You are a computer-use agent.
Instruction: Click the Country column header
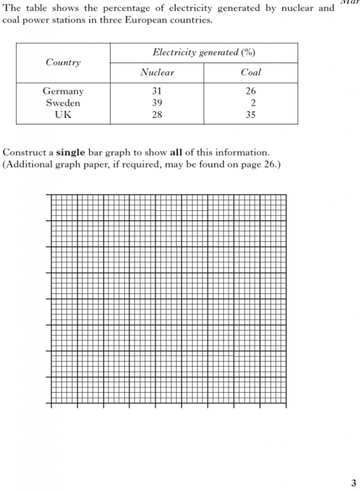tap(63, 63)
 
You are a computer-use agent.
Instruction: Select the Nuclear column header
tap(157, 73)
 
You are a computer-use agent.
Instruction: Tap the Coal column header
tap(251, 73)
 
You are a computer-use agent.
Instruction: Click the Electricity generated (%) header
tap(203, 53)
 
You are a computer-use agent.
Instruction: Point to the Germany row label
tap(63, 91)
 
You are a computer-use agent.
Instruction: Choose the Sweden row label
tap(63, 103)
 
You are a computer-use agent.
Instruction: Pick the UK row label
tap(63, 115)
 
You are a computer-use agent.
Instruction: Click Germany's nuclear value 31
tap(157, 91)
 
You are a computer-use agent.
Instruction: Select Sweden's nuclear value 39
tap(157, 103)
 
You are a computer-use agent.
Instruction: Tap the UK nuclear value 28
tap(157, 115)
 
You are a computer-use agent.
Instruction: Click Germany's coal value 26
tap(251, 91)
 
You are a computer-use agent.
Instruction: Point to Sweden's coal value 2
tap(253, 103)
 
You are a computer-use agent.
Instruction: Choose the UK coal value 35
tap(251, 115)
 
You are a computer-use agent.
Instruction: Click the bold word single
tap(70, 153)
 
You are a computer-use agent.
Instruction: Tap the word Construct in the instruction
tap(24, 153)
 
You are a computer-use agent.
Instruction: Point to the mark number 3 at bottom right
tap(353, 483)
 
